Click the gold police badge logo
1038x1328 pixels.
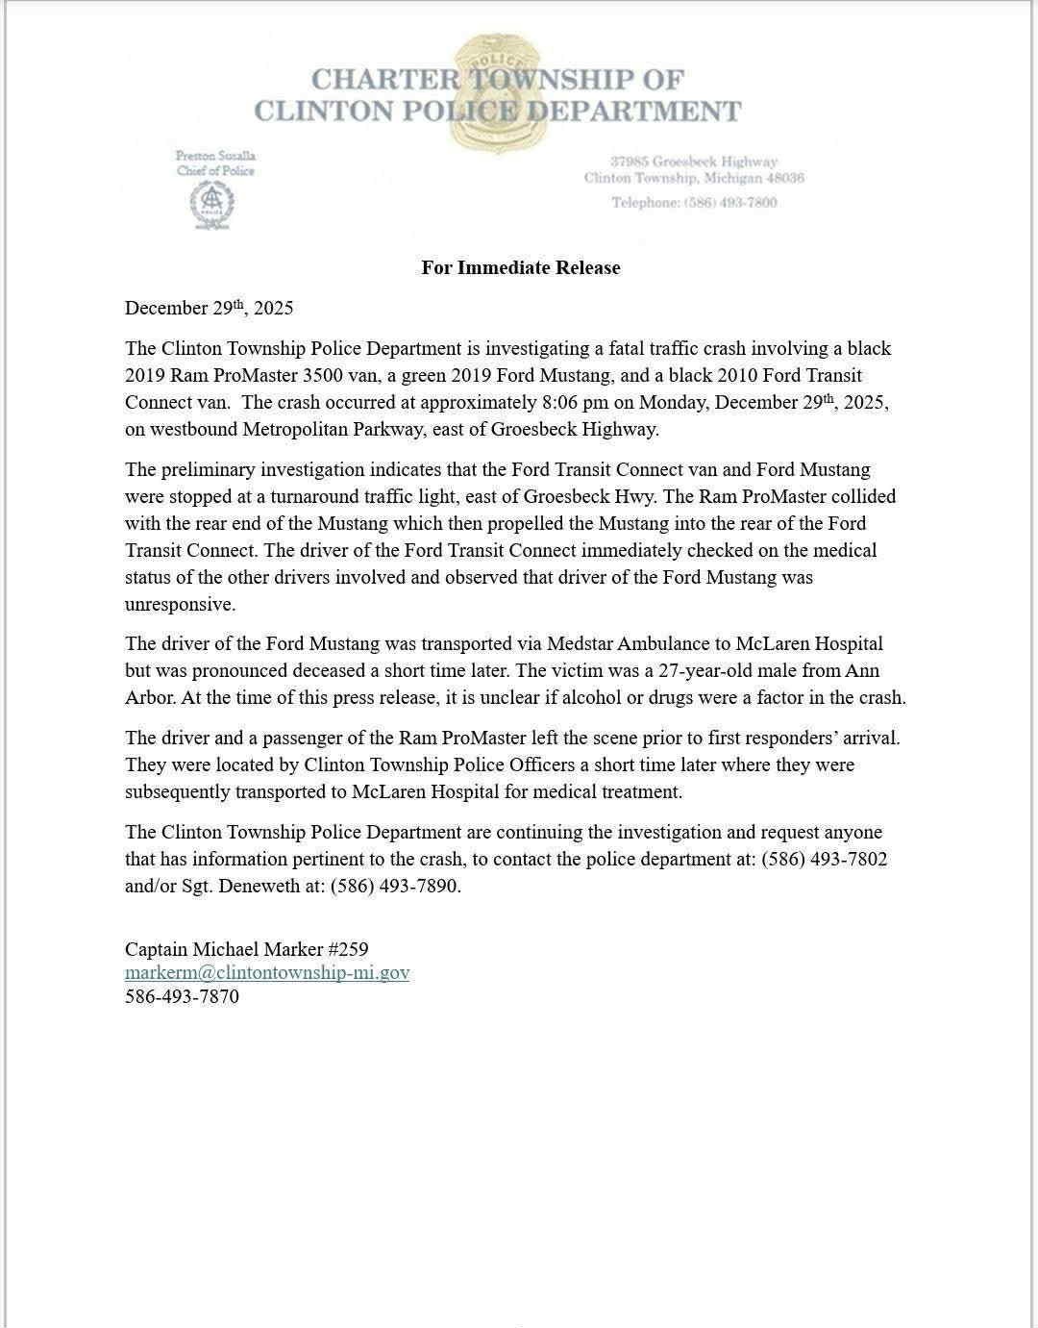click(x=498, y=94)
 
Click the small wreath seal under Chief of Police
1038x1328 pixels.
click(x=211, y=204)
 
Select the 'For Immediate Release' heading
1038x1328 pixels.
click(x=520, y=267)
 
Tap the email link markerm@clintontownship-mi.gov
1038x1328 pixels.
click(x=267, y=972)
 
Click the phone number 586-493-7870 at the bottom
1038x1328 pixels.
click(x=182, y=996)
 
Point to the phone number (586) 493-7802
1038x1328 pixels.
click(x=824, y=859)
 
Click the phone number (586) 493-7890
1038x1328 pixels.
click(x=395, y=886)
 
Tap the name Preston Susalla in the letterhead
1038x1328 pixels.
click(x=215, y=155)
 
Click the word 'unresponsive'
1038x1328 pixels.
click(x=180, y=604)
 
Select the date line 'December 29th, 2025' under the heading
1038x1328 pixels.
click(x=209, y=308)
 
